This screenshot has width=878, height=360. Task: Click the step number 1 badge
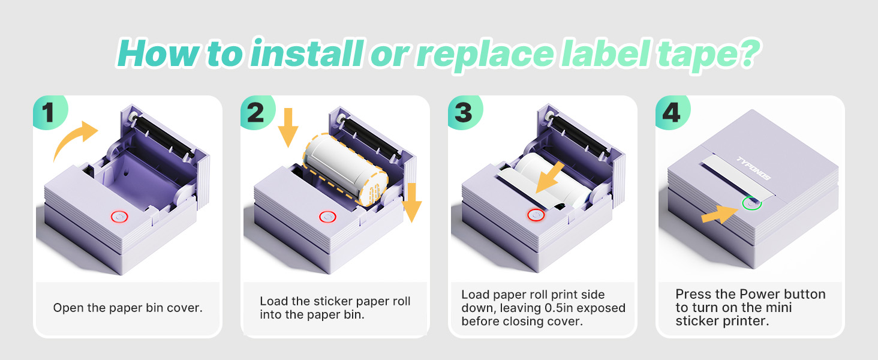pyautogui.click(x=49, y=113)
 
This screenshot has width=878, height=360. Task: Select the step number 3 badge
pyautogui.click(x=463, y=113)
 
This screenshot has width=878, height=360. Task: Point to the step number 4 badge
pyautogui.click(x=670, y=113)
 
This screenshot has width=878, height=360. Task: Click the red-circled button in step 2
pyautogui.click(x=327, y=217)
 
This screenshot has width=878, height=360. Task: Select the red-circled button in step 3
pyautogui.click(x=536, y=214)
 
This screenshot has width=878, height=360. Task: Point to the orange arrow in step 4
pyautogui.click(x=718, y=213)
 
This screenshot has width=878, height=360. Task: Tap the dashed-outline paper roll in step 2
pyautogui.click(x=344, y=168)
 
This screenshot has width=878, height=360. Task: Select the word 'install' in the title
pyautogui.click(x=305, y=53)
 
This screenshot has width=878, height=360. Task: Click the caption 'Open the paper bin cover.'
pyautogui.click(x=128, y=308)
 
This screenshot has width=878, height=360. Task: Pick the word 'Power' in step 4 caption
pyautogui.click(x=760, y=294)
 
